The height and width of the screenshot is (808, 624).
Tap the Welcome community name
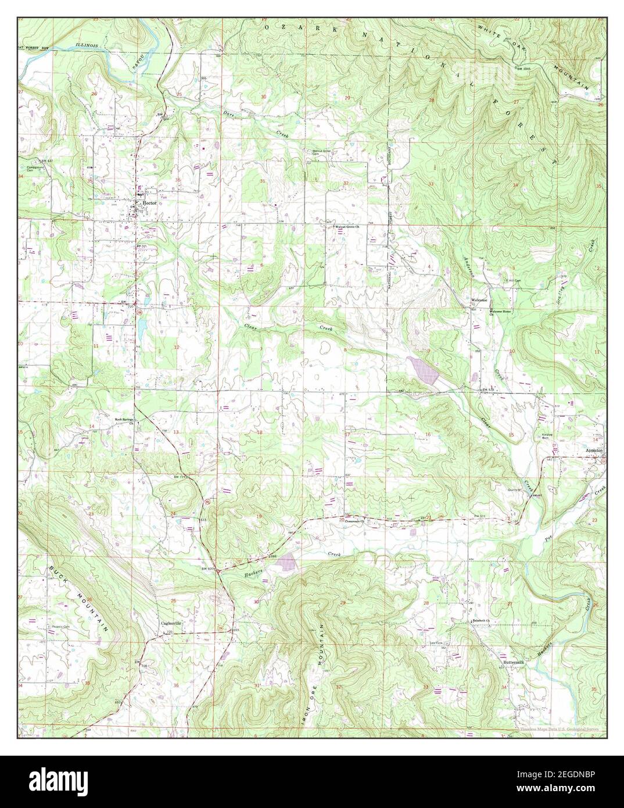click(x=478, y=300)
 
